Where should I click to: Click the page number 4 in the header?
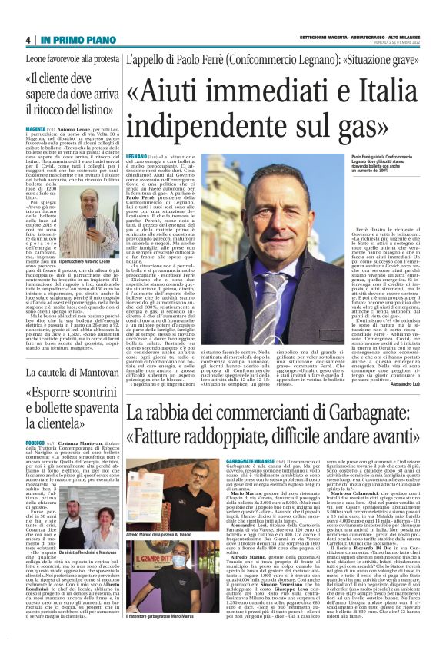tap(28, 40)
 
